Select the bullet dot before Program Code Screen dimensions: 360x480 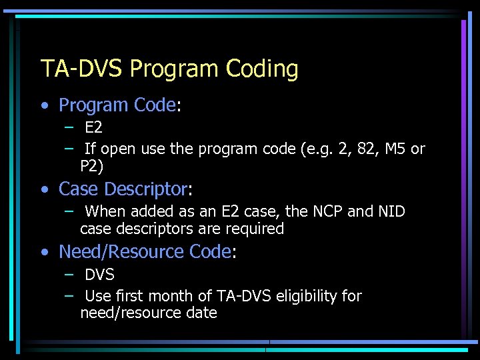pyautogui.click(x=44, y=105)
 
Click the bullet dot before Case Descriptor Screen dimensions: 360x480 pyautogui.click(x=44, y=189)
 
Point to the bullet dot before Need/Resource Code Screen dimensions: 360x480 pyautogui.click(x=44, y=252)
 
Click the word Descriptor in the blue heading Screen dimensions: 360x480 pyautogui.click(x=147, y=189)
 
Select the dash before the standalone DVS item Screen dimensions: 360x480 pyautogui.click(x=69, y=273)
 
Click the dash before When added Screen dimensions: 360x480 pyautogui.click(x=69, y=211)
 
